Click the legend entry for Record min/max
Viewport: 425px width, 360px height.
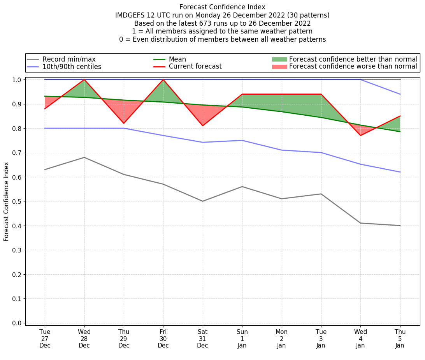click(x=69, y=59)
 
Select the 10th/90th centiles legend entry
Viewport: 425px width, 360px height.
click(x=72, y=67)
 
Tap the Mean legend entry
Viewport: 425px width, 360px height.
click(x=177, y=59)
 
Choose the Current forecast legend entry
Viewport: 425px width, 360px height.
click(x=195, y=67)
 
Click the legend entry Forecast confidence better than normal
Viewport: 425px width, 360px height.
click(x=353, y=59)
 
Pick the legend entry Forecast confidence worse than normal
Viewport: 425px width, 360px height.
click(x=353, y=67)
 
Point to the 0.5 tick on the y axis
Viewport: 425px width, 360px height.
click(x=18, y=201)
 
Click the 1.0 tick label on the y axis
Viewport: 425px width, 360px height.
click(x=18, y=80)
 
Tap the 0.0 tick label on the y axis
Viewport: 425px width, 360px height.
click(x=18, y=323)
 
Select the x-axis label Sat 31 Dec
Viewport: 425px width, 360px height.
click(x=202, y=338)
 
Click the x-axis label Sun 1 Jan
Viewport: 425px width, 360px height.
click(x=242, y=338)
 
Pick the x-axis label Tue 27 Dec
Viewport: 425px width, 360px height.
click(x=45, y=338)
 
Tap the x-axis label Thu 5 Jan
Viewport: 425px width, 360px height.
click(x=400, y=338)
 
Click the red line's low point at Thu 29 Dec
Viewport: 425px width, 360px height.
click(x=124, y=124)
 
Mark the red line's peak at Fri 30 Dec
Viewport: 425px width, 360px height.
click(x=163, y=79)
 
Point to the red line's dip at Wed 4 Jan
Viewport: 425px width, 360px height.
click(x=360, y=136)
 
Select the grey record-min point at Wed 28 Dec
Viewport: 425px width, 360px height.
click(x=84, y=157)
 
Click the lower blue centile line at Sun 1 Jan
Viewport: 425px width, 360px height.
click(x=242, y=140)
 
